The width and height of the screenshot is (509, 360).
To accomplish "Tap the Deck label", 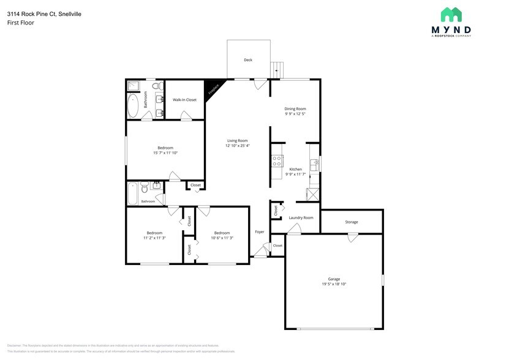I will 248,60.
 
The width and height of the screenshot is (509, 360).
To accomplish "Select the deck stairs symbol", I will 279,69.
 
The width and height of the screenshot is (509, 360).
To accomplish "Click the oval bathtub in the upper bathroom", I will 133,105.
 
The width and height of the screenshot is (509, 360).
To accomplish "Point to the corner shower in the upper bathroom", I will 133,85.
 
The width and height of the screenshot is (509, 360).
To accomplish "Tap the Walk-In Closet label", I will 184,99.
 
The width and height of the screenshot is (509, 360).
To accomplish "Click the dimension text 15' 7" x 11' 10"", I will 165,153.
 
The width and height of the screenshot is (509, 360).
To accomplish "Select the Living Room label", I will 237,140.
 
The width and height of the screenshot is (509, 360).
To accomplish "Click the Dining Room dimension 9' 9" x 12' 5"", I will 295,114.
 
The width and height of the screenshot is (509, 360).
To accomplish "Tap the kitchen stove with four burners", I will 277,162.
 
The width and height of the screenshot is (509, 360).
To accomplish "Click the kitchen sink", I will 314,164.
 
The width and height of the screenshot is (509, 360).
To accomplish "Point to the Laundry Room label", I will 301,217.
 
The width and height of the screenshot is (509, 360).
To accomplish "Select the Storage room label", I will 351,222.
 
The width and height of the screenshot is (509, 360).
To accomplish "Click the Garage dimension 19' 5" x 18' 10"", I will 334,285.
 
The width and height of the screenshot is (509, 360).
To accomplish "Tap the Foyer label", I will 260,232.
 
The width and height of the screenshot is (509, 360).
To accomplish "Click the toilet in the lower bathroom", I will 143,187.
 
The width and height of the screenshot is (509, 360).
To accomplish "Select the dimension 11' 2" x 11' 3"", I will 154,238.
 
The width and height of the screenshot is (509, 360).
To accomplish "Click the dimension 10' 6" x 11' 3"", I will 222,238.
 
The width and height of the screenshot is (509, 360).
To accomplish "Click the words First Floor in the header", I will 21,23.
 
